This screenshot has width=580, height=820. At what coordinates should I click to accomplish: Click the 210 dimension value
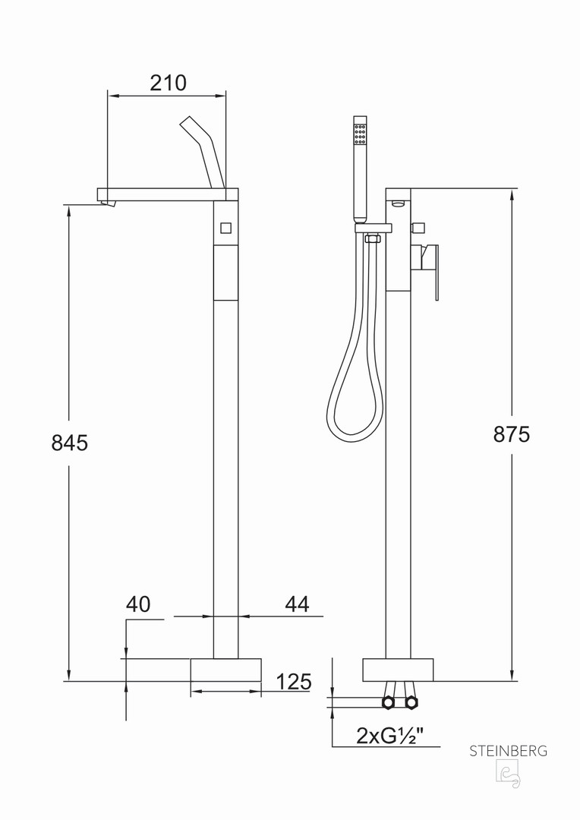click(168, 83)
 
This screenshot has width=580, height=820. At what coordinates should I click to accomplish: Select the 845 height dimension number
click(70, 443)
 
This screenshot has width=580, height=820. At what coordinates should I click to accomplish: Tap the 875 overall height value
click(512, 434)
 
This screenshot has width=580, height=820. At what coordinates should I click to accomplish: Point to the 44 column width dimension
click(297, 604)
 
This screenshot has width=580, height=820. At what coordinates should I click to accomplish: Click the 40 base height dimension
click(138, 604)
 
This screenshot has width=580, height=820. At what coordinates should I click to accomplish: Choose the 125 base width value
click(293, 681)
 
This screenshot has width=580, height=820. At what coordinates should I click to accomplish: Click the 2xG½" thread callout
click(389, 736)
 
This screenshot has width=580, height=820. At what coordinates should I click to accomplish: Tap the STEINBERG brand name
click(509, 751)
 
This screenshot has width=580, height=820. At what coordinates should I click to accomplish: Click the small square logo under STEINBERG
click(508, 774)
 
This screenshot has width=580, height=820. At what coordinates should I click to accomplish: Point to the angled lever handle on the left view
click(203, 152)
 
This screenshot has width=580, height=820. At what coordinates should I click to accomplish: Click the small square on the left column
click(226, 229)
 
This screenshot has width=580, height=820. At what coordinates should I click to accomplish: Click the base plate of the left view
click(225, 670)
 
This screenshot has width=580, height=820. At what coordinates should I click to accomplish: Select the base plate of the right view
click(398, 670)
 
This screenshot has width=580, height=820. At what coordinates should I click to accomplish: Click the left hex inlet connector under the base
click(388, 702)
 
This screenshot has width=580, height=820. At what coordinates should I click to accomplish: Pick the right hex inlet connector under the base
click(411, 702)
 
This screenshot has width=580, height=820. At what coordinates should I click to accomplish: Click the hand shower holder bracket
click(374, 228)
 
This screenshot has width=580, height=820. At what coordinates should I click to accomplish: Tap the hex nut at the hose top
click(373, 239)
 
